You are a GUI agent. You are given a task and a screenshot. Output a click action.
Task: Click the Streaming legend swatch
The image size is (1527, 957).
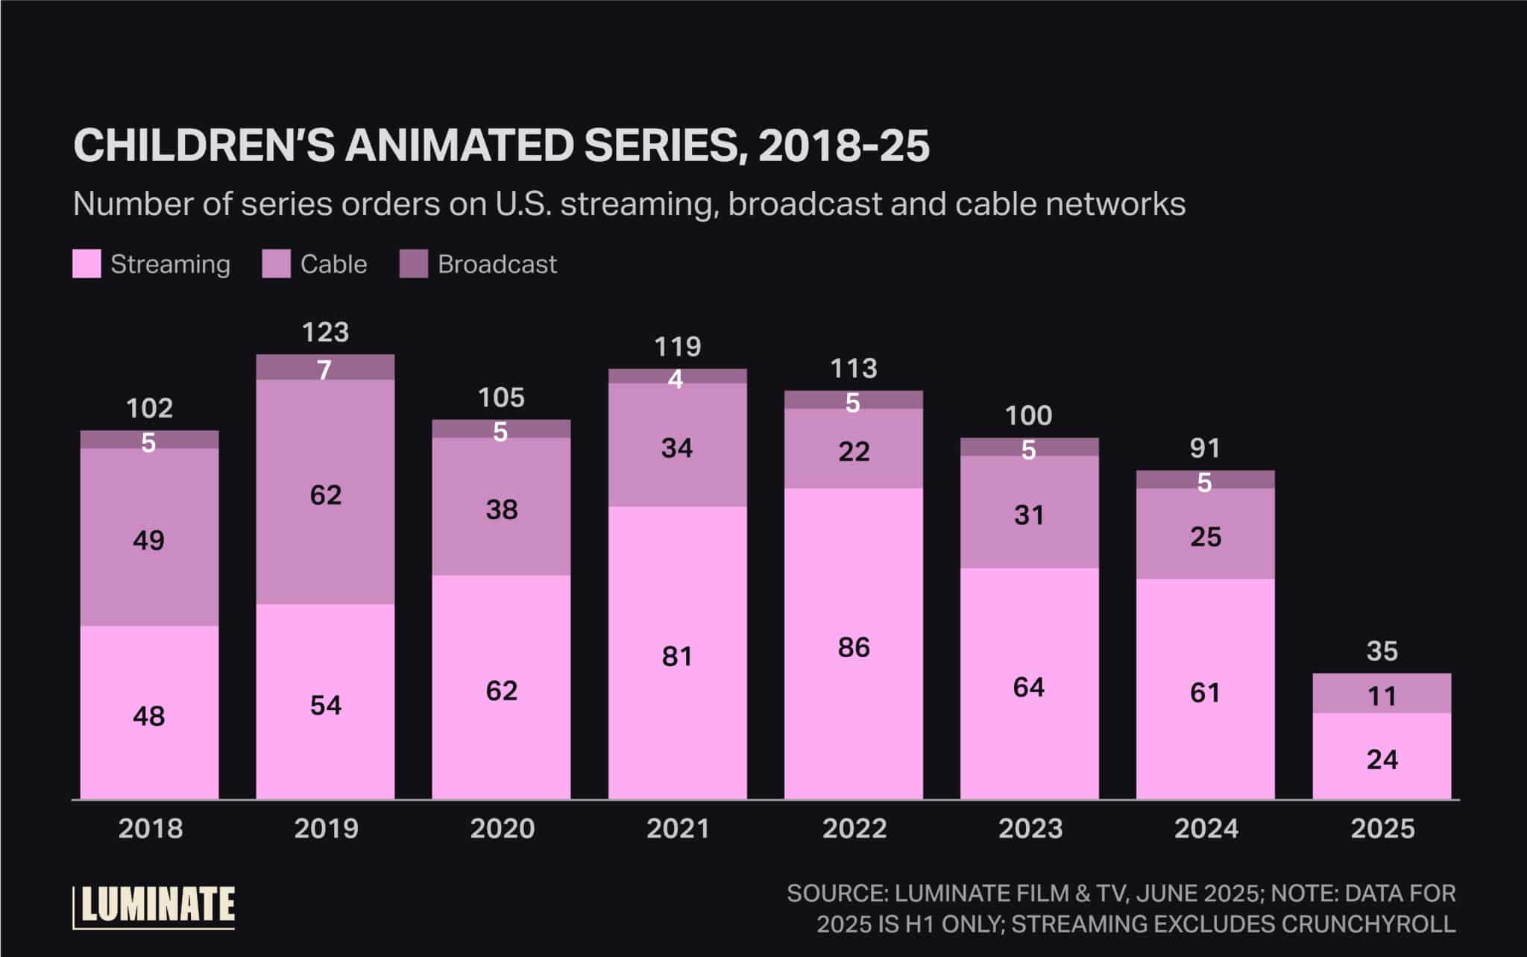click(x=86, y=264)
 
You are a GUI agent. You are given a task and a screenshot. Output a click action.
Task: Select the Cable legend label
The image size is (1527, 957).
click(x=333, y=264)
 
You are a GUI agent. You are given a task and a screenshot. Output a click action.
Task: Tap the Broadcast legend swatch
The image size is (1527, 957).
click(x=414, y=264)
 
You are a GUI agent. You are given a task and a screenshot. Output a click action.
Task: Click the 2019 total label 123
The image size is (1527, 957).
click(x=325, y=332)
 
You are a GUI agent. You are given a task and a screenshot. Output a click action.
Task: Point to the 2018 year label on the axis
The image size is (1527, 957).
click(x=150, y=829)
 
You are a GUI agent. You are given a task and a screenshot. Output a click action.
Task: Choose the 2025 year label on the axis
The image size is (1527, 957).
click(x=1382, y=829)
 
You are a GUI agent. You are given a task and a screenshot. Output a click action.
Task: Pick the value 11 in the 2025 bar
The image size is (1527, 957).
click(x=1382, y=696)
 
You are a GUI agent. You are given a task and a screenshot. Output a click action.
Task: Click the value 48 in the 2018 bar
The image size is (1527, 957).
click(x=148, y=716)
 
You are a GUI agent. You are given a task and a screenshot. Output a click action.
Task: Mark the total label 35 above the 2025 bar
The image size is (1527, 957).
click(x=1382, y=651)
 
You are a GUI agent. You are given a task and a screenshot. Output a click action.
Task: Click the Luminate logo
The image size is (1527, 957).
click(x=154, y=906)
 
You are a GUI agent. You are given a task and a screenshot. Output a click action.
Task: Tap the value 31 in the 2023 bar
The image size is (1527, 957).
click(x=1029, y=515)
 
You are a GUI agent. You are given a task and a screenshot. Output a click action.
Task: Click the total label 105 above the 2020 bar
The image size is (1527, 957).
click(x=501, y=398)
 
